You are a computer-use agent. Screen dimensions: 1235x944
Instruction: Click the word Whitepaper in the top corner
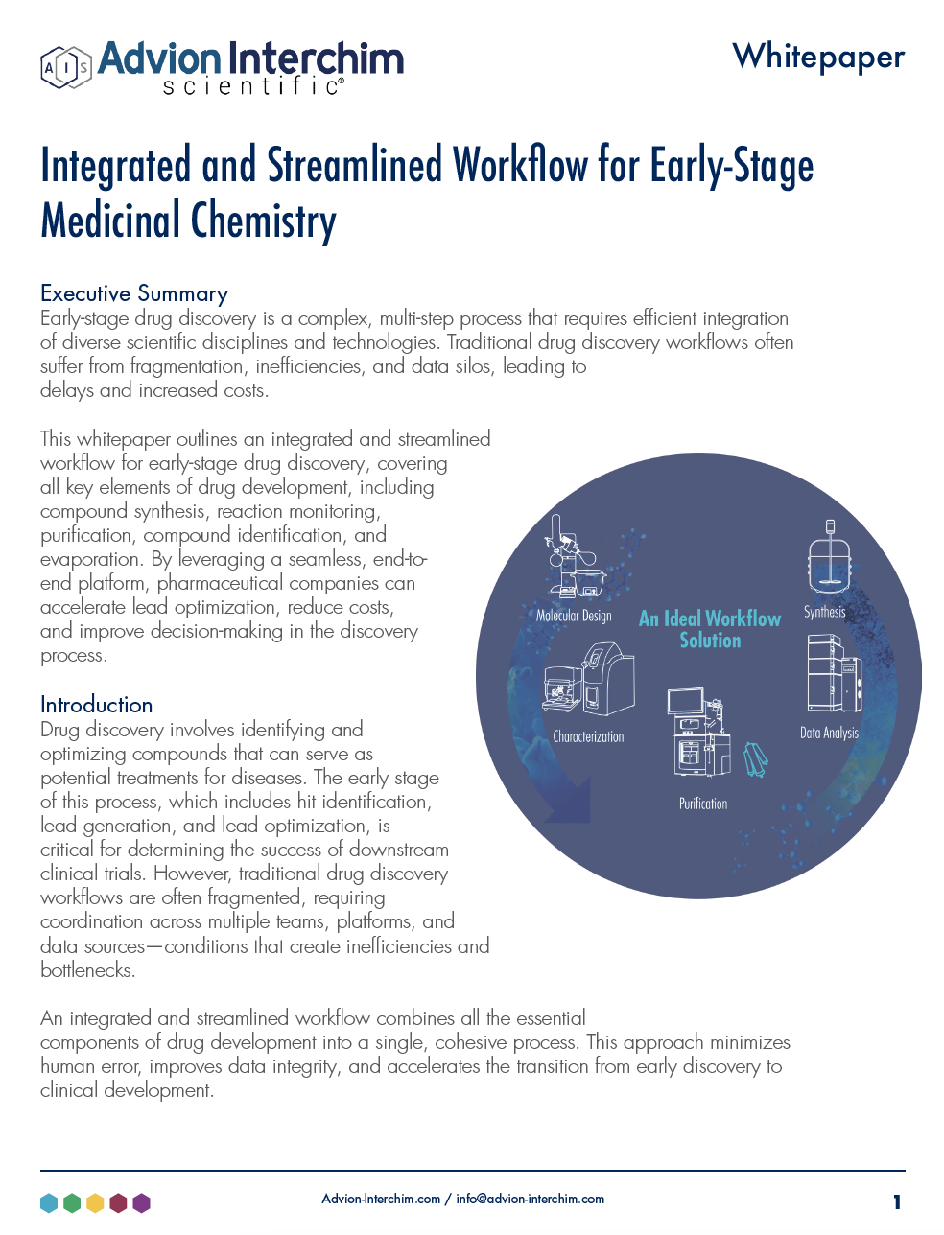click(818, 57)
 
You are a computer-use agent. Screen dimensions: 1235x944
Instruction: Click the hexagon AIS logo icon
click(65, 67)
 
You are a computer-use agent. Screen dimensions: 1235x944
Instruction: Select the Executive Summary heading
click(134, 293)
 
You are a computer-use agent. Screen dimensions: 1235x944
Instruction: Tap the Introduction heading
click(96, 705)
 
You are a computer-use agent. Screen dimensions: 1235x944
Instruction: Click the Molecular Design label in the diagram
click(574, 616)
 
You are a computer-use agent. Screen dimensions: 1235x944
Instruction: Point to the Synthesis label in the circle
click(824, 612)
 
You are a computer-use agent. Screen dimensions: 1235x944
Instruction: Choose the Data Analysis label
click(829, 733)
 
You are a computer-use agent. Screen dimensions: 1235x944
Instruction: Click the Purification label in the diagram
click(703, 804)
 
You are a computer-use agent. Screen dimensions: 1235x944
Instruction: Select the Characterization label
click(588, 736)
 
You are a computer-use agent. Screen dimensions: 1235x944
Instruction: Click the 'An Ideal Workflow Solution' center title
click(710, 629)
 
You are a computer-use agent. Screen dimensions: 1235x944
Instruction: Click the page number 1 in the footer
click(897, 1201)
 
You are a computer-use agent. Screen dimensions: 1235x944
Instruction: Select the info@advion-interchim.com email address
click(530, 1199)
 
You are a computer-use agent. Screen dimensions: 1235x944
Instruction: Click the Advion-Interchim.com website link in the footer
click(381, 1199)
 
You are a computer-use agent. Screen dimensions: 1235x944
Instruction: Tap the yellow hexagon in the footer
click(95, 1202)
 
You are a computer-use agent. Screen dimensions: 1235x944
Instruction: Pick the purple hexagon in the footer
click(141, 1202)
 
